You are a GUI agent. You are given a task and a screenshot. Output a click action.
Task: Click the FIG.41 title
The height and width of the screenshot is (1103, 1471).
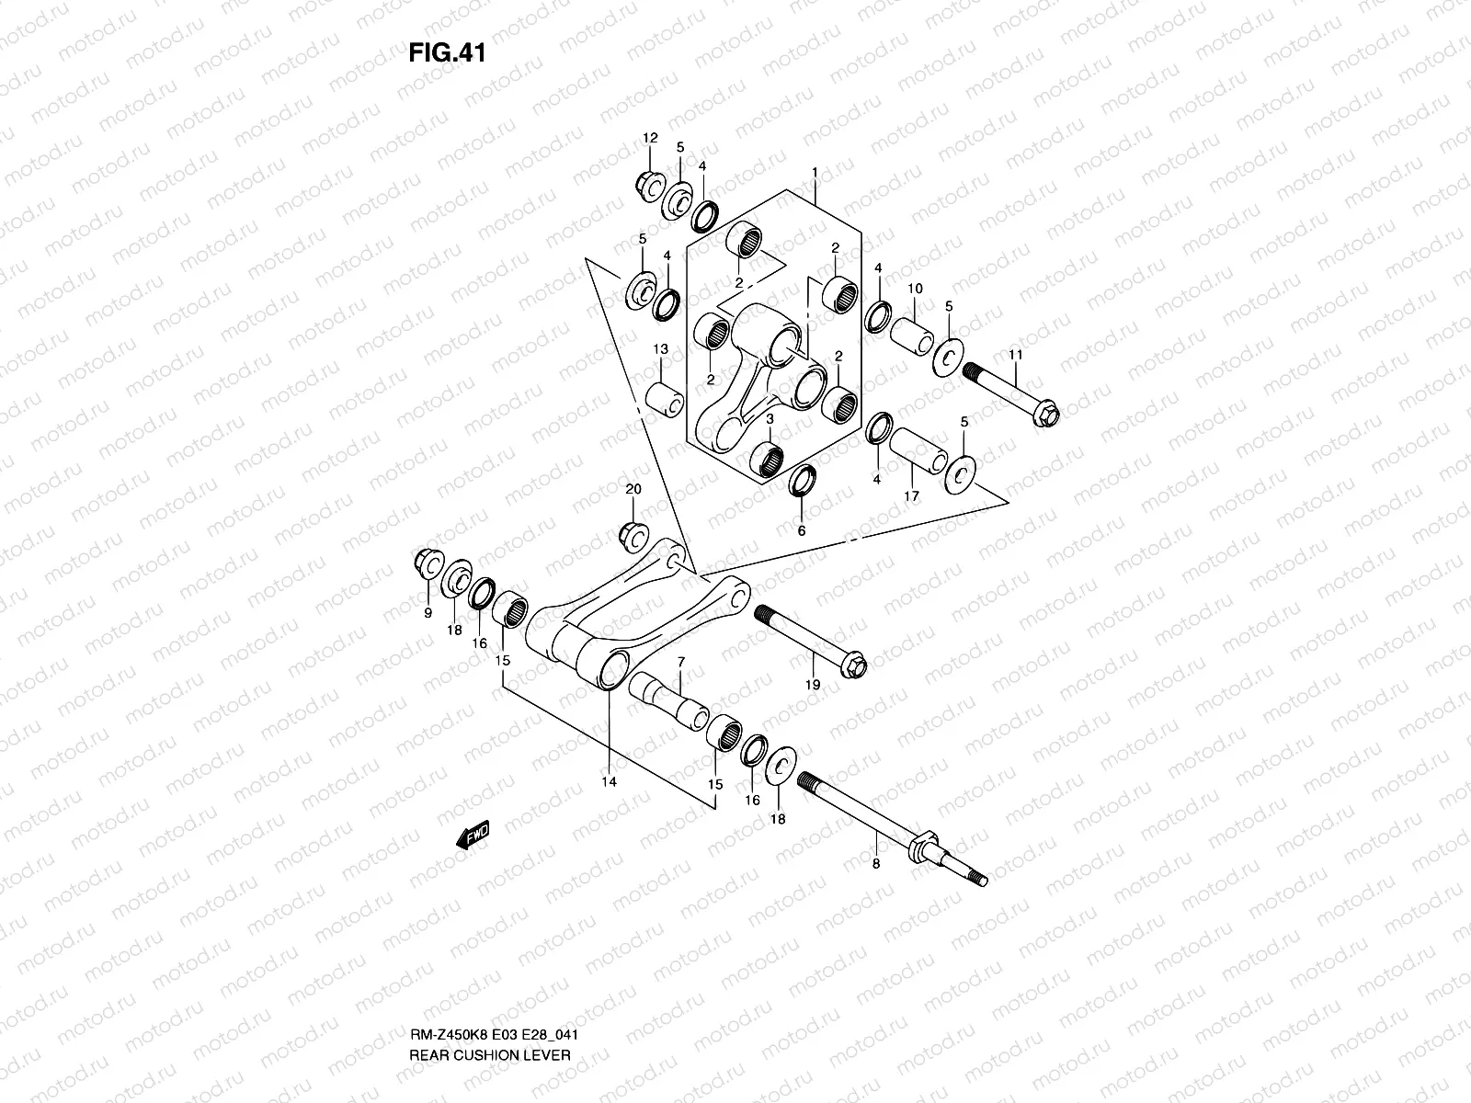446,52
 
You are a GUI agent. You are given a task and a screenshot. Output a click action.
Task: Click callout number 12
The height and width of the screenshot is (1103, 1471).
650,138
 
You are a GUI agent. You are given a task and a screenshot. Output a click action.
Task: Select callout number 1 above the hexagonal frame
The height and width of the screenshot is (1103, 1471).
815,173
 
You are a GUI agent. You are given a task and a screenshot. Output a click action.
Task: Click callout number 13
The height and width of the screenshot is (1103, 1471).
660,349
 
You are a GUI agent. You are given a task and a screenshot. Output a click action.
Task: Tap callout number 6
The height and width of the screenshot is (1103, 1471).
801,531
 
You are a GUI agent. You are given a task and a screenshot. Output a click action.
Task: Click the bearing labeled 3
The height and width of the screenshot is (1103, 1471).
766,458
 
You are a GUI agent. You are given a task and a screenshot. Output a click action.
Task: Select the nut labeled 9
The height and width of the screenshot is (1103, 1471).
428,560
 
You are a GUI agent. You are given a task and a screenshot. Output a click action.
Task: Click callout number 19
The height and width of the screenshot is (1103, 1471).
813,684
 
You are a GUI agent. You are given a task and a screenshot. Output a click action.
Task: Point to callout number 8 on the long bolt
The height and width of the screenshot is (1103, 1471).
875,863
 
